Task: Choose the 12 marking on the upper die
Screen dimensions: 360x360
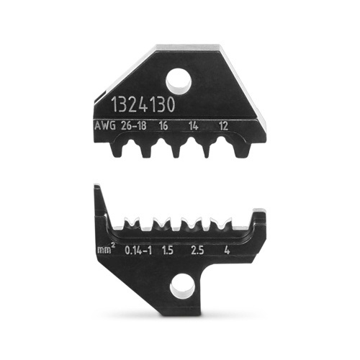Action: tap(224, 125)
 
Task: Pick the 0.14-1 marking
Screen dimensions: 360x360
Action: tap(135, 251)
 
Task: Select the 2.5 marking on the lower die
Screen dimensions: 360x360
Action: tap(196, 251)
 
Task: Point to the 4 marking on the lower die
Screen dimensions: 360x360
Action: tap(227, 251)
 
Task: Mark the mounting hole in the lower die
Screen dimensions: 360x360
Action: tap(179, 289)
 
